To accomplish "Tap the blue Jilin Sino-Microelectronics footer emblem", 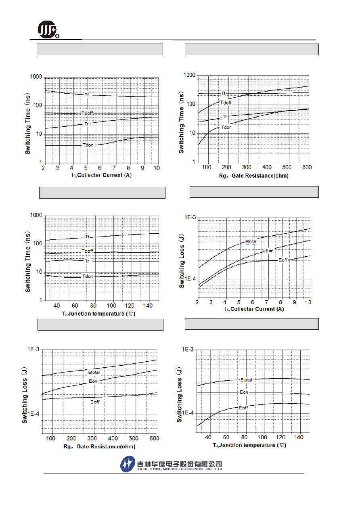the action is (128, 464).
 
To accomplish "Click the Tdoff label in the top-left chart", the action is (88, 113).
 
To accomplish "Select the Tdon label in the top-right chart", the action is (226, 128).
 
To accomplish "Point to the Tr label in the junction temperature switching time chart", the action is (87, 261).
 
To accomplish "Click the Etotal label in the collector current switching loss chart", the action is (251, 241).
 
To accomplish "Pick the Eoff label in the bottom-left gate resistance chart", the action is (95, 402).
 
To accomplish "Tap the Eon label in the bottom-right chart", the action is (244, 392).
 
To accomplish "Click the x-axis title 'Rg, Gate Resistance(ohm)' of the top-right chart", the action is (254, 176).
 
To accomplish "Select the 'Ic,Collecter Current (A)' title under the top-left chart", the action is (102, 175).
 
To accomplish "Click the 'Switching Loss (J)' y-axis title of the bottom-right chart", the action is (179, 394).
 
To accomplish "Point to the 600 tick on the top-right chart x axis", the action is (307, 167).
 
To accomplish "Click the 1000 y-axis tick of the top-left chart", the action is (36, 77).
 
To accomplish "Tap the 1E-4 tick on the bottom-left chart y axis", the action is (33, 414).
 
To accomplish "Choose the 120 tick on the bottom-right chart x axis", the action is (280, 437).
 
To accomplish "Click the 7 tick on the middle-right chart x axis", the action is (266, 302).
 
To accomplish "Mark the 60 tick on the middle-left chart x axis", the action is (75, 306).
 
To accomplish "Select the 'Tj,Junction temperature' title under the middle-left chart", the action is (98, 314).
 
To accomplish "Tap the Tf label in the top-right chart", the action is (224, 93).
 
